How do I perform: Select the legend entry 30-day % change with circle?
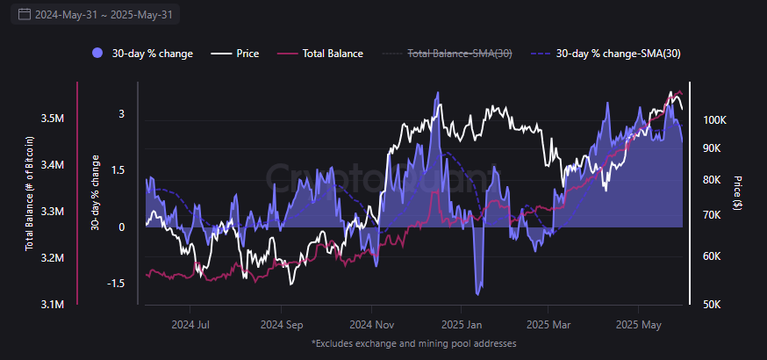(x=142, y=54)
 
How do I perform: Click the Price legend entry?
(x=237, y=54)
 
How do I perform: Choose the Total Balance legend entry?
(x=321, y=54)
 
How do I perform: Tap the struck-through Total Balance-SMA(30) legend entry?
(x=448, y=54)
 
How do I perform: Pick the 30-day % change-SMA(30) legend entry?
(x=606, y=54)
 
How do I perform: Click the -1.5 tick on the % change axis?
(x=115, y=284)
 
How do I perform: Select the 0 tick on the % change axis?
(x=121, y=227)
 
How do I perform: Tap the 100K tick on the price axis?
(x=715, y=120)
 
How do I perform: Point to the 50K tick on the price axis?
(x=713, y=305)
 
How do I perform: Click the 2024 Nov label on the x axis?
(x=371, y=323)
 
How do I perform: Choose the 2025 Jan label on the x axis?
(x=460, y=323)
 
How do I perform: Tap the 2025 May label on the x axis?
(x=639, y=323)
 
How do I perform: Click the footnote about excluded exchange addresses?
(x=413, y=343)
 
